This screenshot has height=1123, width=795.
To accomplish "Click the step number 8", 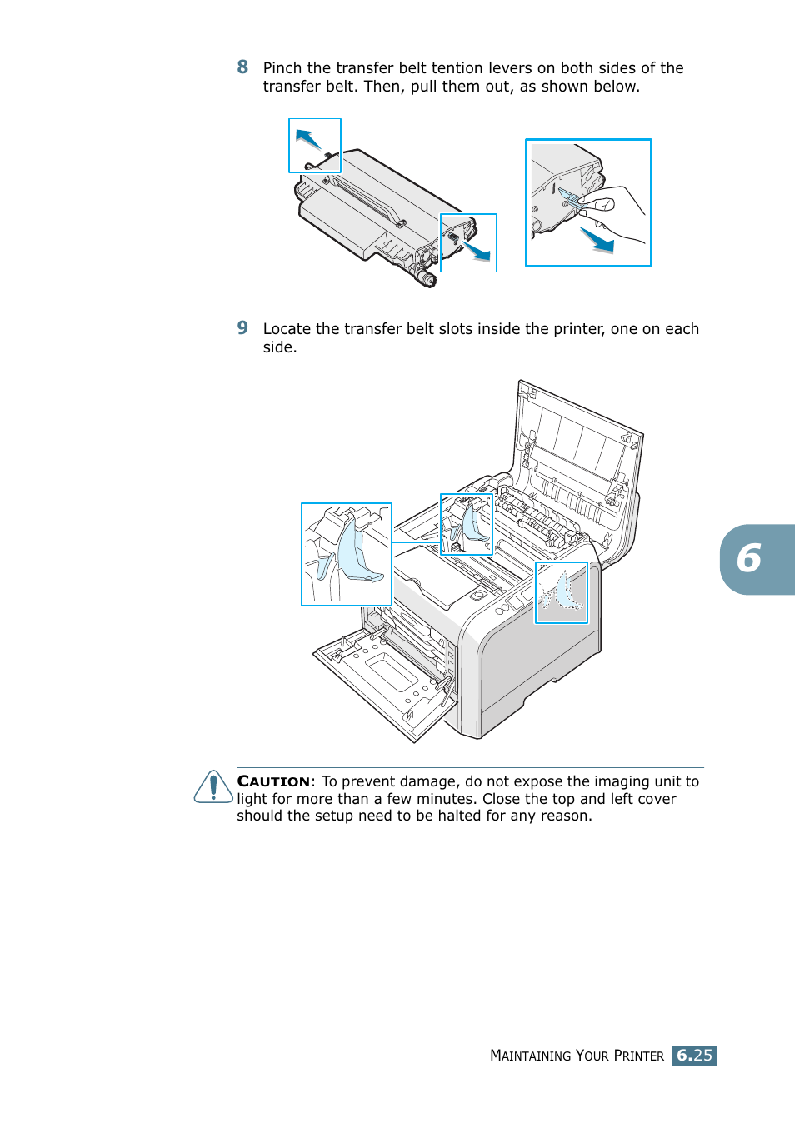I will click(242, 67).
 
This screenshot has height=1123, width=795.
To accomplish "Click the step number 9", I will click(242, 327).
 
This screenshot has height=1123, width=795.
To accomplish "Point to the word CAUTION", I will click(273, 781).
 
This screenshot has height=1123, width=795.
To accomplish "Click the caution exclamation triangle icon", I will click(213, 786).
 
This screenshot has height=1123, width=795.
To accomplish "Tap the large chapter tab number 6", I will click(749, 558).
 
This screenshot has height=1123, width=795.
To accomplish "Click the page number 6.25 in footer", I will click(694, 1056).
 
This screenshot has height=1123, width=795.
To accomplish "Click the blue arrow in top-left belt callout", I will click(308, 139).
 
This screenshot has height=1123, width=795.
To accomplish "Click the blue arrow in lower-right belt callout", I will click(477, 250).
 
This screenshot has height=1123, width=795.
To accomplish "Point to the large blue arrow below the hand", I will click(597, 240).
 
